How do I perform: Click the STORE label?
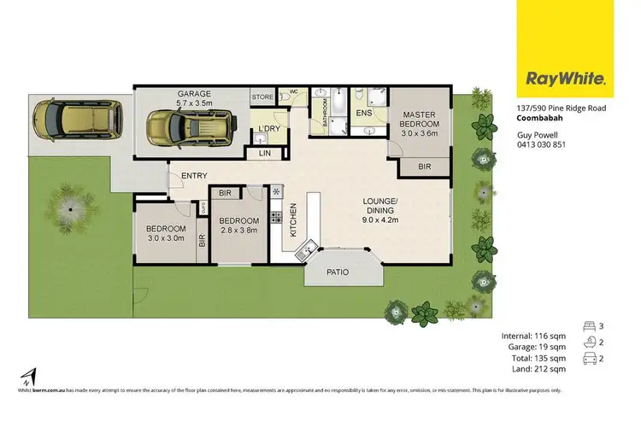pos(262,98)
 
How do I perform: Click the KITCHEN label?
pos(291,219)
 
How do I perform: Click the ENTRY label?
pos(194,176)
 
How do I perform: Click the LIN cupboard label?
pos(264,154)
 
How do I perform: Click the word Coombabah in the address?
pos(540,119)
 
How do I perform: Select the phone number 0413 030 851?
pos(541,144)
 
